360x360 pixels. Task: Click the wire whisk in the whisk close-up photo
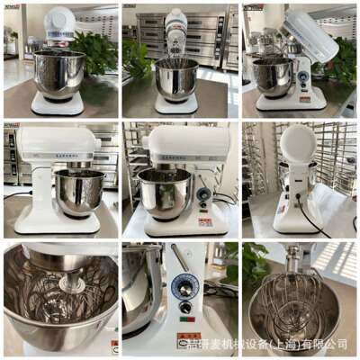pos(287,307)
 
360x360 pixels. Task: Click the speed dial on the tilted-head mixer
pos(303,78)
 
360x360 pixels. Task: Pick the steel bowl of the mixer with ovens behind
pos(177,78)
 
